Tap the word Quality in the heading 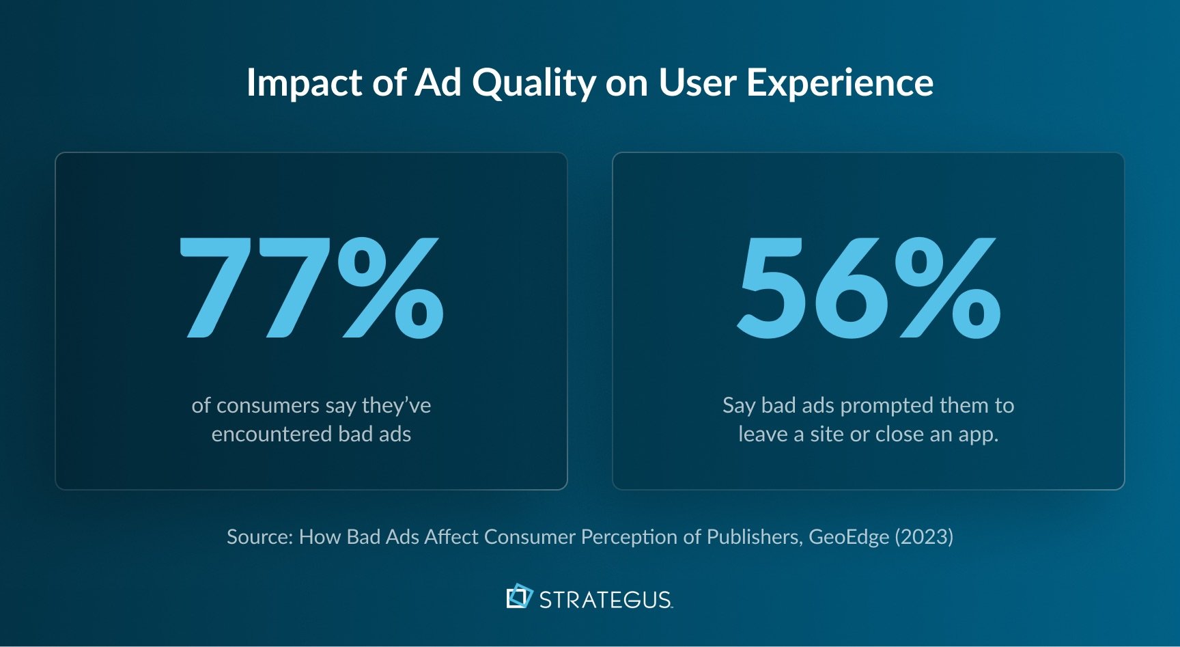534,83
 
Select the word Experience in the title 839,83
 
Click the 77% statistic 311,288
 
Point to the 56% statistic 869,288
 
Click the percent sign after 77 391,288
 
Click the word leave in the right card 763,435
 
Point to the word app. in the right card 979,435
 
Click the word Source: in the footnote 260,537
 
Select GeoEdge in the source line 849,537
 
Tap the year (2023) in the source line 925,537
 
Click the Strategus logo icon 519,596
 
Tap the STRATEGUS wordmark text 606,600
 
